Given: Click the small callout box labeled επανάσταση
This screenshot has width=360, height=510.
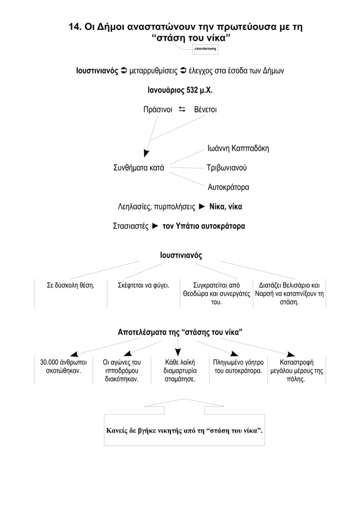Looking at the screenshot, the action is [205, 49].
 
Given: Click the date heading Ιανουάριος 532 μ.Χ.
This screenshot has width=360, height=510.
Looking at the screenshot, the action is [180, 90].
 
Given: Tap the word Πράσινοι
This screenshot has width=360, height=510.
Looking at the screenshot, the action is [157, 110].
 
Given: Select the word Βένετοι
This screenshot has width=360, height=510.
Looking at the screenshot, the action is [205, 110].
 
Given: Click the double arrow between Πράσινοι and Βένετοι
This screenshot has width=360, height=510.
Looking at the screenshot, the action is [182, 110].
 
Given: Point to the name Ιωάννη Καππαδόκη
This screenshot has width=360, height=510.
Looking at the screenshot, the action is [238, 149].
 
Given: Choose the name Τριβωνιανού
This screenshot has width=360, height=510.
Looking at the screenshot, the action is [227, 168].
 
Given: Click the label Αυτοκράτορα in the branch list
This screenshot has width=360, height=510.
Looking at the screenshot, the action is [229, 188].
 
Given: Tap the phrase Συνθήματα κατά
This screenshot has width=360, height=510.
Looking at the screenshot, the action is [139, 168].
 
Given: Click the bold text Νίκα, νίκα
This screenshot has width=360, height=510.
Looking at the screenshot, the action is [226, 207].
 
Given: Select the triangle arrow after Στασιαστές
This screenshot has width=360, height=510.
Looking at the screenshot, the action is [155, 226].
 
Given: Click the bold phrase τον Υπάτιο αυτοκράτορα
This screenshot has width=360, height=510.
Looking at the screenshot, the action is [204, 226].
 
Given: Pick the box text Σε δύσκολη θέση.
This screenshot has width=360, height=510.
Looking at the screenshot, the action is [71, 286].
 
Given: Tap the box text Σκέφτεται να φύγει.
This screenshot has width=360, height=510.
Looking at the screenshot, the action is [144, 286].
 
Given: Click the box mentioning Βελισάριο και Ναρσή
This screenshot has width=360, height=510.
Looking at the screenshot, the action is [289, 294].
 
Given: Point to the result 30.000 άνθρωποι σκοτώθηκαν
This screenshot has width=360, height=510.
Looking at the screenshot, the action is [63, 367].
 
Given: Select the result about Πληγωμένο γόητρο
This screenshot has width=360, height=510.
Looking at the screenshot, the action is [238, 367].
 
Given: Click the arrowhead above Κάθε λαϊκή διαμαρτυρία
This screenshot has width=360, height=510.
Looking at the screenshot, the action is [178, 352].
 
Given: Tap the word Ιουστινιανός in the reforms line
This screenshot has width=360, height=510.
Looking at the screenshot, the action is [97, 71].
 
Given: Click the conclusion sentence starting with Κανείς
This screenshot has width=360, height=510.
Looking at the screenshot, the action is [185, 430].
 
